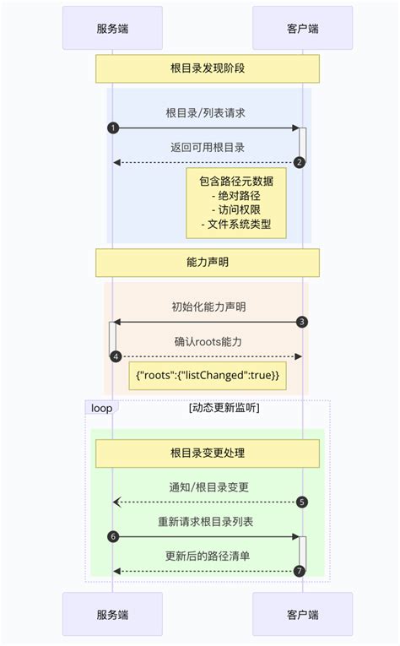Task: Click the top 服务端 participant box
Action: pos(112,28)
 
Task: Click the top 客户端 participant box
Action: pos(302,28)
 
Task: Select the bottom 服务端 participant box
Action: pos(112,614)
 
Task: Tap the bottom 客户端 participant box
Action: pos(302,614)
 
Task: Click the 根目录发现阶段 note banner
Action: pos(207,68)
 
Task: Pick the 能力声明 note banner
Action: pos(207,262)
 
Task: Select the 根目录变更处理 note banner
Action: pos(207,453)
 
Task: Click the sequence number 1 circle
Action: pos(112,128)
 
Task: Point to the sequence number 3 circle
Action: pos(302,322)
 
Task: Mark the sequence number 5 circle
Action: pos(302,502)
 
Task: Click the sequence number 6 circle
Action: pos(112,536)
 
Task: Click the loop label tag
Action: pos(101,408)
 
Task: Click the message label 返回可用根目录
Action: pos(207,147)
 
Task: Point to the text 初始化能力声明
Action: pos(207,307)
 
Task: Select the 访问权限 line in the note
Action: pos(236,210)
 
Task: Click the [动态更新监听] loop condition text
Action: pos(224,408)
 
